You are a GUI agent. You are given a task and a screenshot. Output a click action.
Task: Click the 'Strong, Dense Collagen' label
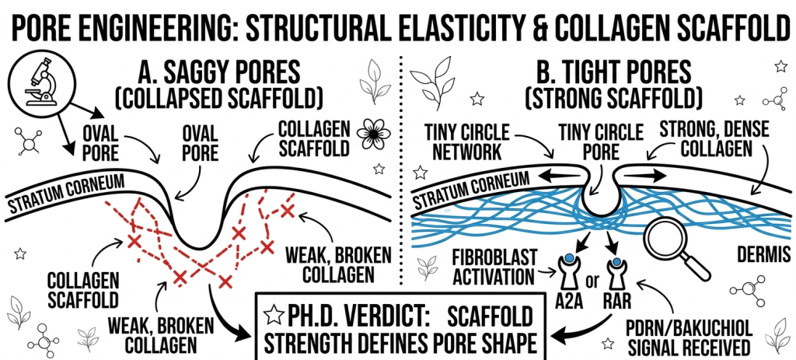pos(712,138)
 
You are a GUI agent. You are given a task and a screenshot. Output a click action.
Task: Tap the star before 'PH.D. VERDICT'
pos(271,316)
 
